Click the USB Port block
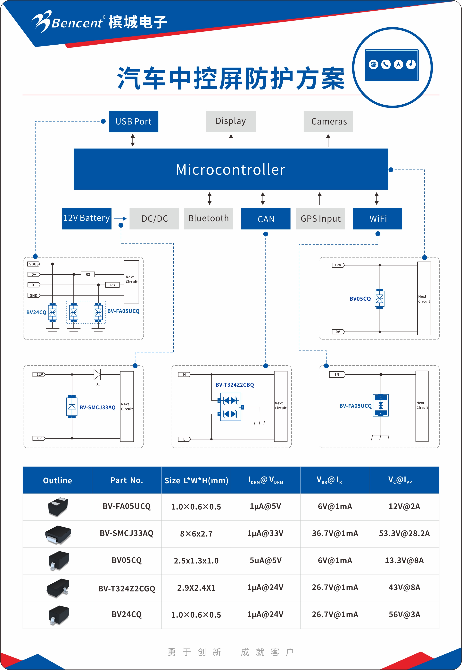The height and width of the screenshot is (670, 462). click(x=133, y=121)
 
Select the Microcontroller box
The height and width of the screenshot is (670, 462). click(x=231, y=169)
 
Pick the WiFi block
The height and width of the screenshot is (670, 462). click(x=377, y=219)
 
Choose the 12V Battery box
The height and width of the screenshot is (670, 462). click(x=87, y=218)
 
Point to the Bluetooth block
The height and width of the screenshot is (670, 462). click(x=208, y=218)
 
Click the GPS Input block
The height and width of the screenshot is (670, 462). click(x=320, y=219)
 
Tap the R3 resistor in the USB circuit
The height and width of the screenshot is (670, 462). click(x=112, y=285)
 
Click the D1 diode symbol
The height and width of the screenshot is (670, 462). click(x=97, y=374)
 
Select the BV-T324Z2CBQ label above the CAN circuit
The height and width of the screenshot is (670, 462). click(x=235, y=385)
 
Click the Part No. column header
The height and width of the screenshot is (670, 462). click(x=127, y=480)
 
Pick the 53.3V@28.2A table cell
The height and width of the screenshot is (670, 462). click(x=404, y=533)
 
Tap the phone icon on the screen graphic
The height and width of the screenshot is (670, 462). click(x=386, y=64)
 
